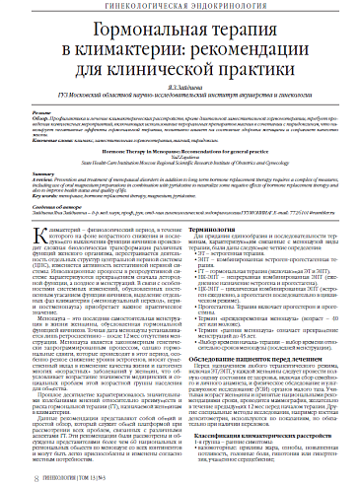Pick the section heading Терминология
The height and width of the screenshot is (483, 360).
[210, 227]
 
